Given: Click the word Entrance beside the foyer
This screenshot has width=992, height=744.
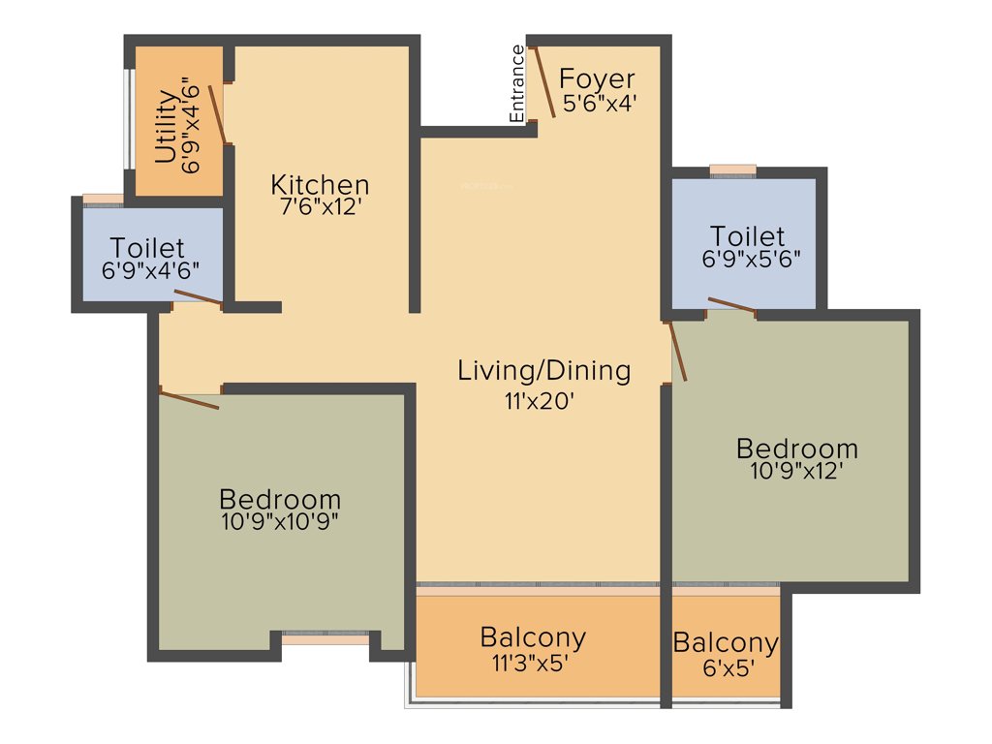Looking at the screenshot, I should click(517, 83).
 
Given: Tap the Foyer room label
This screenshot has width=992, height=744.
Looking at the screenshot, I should click(598, 78).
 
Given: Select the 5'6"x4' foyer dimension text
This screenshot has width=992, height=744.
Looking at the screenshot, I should click(599, 103).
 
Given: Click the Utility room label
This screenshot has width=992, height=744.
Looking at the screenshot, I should click(166, 126).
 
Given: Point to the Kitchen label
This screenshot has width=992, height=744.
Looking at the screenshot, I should click(320, 184).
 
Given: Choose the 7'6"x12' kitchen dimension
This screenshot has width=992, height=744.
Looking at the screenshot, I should click(320, 206).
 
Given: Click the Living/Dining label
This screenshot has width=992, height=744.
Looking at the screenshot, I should click(543, 370).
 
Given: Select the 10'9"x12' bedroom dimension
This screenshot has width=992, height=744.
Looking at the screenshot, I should click(796, 472).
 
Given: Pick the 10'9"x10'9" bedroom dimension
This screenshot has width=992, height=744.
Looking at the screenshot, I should click(279, 521).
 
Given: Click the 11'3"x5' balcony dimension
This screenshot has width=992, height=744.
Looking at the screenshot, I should click(533, 663).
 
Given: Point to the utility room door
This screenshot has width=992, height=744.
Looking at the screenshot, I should click(219, 114).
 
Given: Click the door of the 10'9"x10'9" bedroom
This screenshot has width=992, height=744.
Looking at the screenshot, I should click(190, 399).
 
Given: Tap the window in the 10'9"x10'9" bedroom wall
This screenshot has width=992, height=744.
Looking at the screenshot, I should click(325, 639).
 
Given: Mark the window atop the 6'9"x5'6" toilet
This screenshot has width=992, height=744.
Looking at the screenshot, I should click(732, 170).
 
